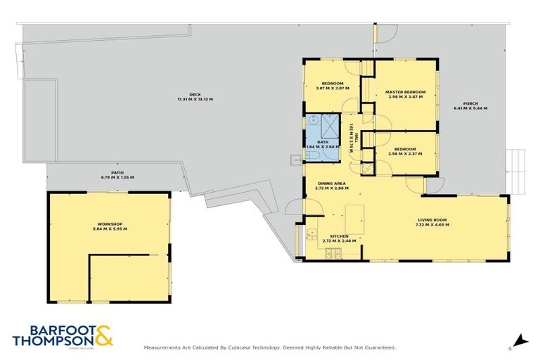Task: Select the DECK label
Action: click(x=195, y=96)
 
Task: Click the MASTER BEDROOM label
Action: click(x=406, y=92)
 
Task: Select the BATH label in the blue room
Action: click(x=323, y=142)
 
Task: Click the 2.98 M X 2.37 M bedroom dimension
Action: click(x=405, y=153)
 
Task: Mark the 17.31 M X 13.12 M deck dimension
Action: click(x=195, y=100)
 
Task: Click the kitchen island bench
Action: click(x=354, y=219)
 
